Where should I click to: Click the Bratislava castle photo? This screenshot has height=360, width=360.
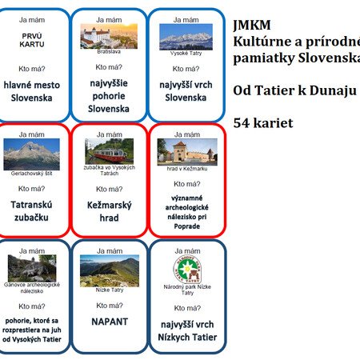click(109, 36)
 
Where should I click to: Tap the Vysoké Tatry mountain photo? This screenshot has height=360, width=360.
click(186, 37)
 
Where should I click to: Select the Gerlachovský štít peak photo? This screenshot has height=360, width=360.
click(31, 154)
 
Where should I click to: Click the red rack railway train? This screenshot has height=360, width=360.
click(110, 155)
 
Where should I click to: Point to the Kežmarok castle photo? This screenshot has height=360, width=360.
click(187, 152)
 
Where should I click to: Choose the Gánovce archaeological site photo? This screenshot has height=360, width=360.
click(32, 268)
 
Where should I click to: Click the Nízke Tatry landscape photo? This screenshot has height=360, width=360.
click(110, 271)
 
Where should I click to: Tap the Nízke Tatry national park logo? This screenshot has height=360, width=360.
click(187, 270)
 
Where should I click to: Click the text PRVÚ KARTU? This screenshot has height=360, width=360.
click(32, 40)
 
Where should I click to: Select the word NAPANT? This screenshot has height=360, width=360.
click(110, 322)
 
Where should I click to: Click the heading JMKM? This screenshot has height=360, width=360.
click(252, 26)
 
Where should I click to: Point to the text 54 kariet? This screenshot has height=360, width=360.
click(263, 123)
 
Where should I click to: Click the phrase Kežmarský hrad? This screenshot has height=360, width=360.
click(110, 211)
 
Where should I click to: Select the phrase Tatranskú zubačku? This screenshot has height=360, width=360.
click(31, 211)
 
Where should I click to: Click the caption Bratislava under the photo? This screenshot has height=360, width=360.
click(109, 51)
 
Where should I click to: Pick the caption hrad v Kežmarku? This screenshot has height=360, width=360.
click(187, 169)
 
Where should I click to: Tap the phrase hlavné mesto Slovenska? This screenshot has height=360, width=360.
click(32, 91)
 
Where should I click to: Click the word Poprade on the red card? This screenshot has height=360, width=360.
click(187, 226)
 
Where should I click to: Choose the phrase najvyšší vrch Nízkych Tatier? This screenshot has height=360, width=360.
click(187, 331)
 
